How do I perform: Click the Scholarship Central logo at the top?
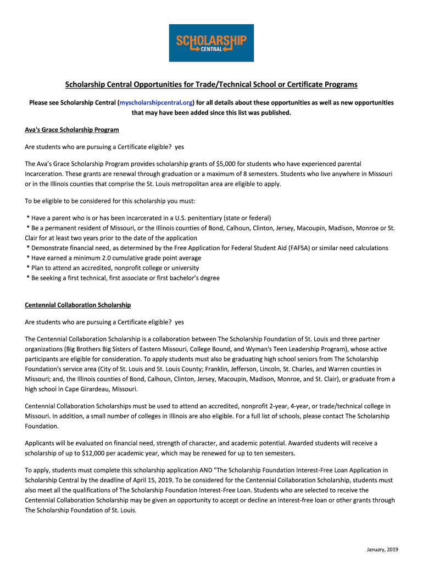pyautogui.click(x=211, y=42)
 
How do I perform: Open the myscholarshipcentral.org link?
pyautogui.click(x=156, y=103)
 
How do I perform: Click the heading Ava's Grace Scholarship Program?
pyautogui.click(x=72, y=130)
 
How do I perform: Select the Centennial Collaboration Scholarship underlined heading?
pyautogui.click(x=78, y=305)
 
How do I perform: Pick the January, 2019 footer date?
pyautogui.click(x=382, y=550)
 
